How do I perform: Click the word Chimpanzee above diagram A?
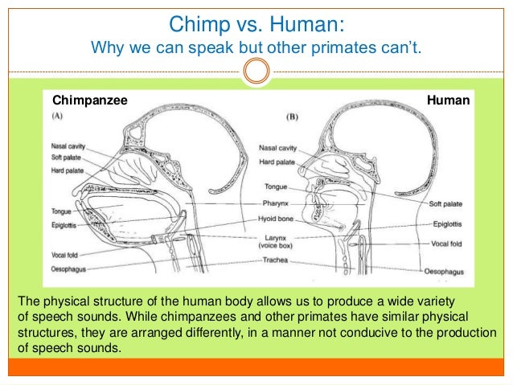coord(89,100)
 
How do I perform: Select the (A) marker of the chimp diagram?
coord(59,116)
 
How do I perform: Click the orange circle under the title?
coord(256,72)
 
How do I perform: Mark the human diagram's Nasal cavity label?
coord(277,148)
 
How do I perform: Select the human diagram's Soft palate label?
coord(446,203)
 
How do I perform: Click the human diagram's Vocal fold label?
coord(446,242)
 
